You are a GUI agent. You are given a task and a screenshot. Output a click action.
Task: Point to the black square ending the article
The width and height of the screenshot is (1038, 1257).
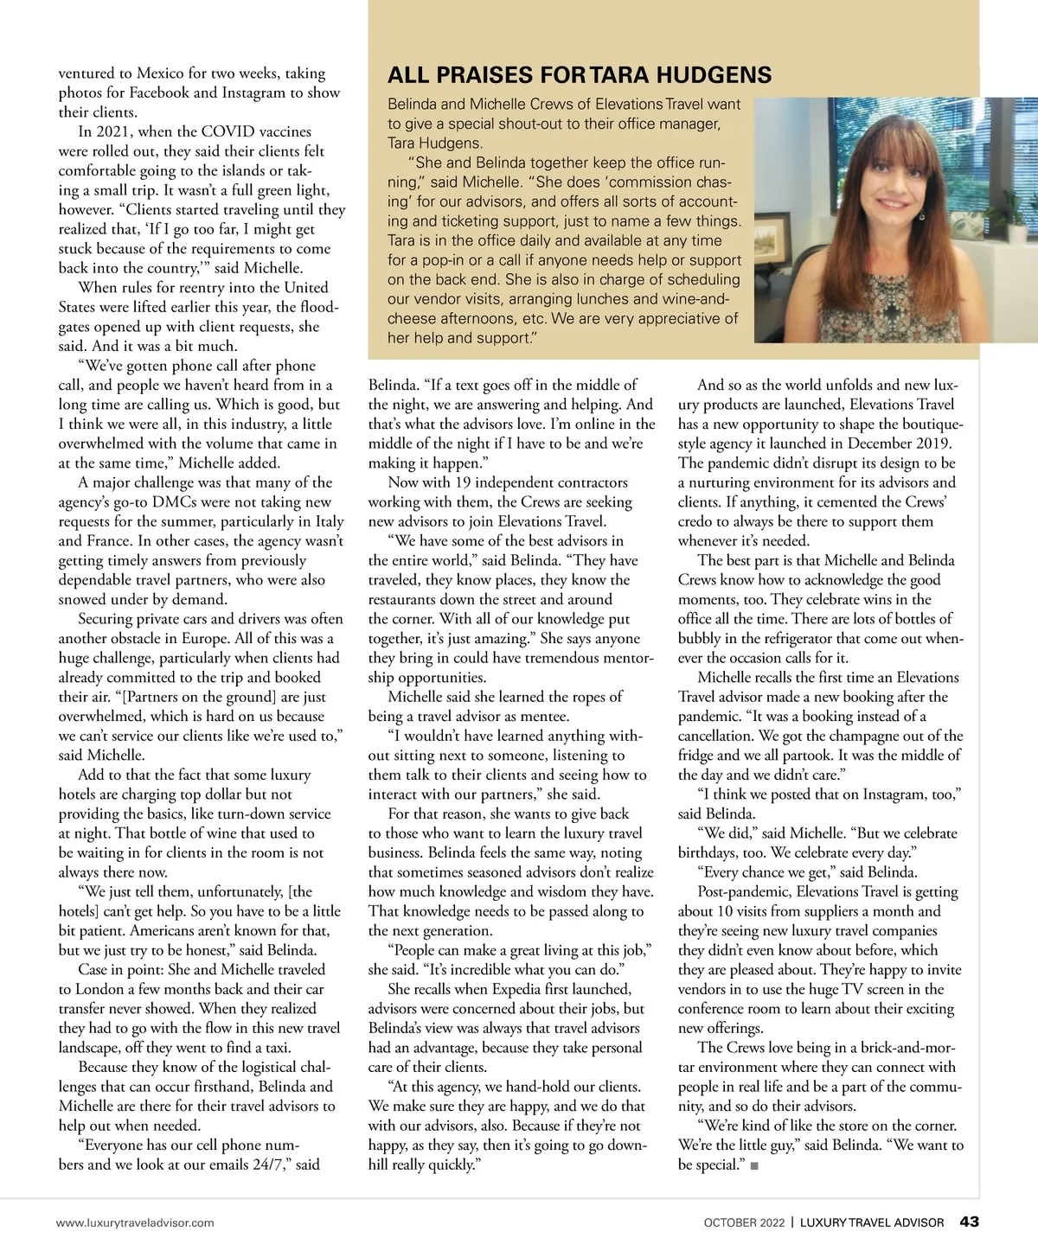tap(755, 1166)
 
